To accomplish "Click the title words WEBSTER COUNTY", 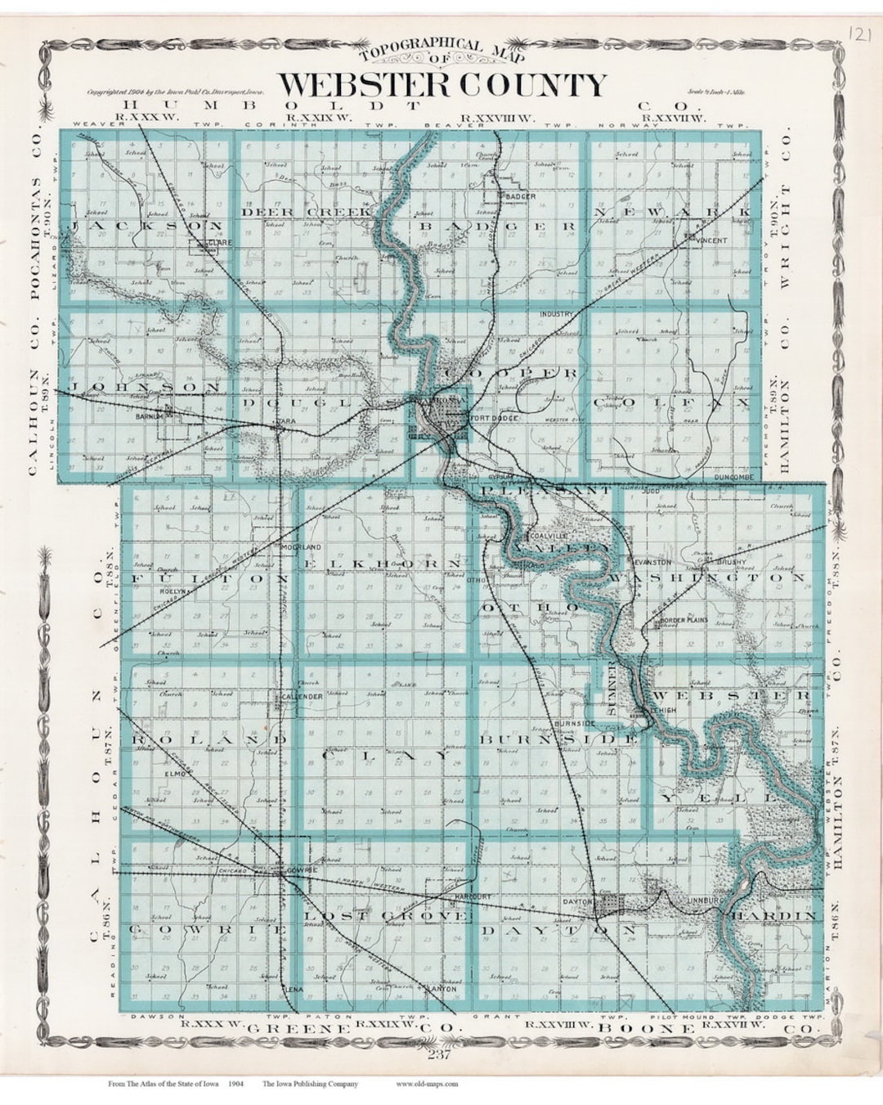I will click(x=442, y=85).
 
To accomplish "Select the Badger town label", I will click(x=520, y=196).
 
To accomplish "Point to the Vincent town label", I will click(x=711, y=240).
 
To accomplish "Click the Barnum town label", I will click(x=151, y=416).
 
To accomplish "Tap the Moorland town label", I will click(x=301, y=546).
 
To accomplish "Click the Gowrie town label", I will click(x=302, y=872).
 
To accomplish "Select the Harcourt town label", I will click(x=473, y=896).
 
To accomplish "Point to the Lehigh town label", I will click(x=663, y=711).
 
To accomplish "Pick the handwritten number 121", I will click(x=858, y=34).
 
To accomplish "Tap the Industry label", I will click(x=556, y=314).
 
